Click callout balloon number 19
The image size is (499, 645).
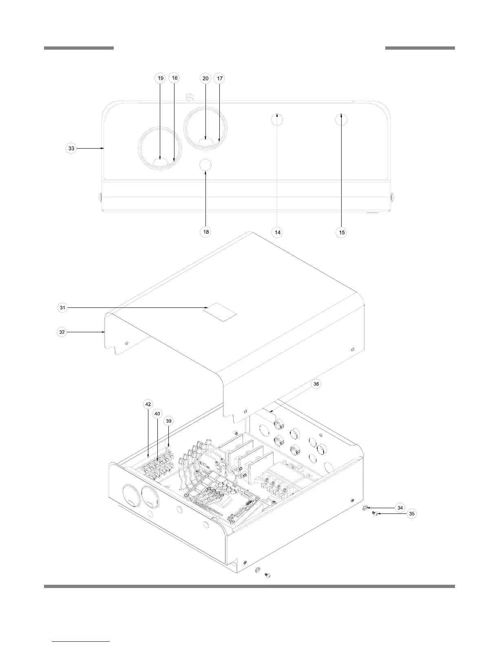[161, 78]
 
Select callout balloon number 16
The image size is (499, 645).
[174, 78]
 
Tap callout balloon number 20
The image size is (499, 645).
[205, 78]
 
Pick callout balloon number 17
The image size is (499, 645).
[220, 78]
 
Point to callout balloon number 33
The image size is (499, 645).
[71, 149]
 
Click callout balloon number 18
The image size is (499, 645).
[206, 232]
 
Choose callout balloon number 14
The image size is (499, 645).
[277, 232]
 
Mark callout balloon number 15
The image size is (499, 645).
[342, 232]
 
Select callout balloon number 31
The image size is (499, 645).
[62, 308]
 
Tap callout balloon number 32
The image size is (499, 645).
[62, 332]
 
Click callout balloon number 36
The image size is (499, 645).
[316, 384]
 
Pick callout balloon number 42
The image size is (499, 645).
[148, 404]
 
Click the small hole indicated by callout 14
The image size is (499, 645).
[277, 120]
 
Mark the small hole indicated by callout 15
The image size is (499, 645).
[341, 120]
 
